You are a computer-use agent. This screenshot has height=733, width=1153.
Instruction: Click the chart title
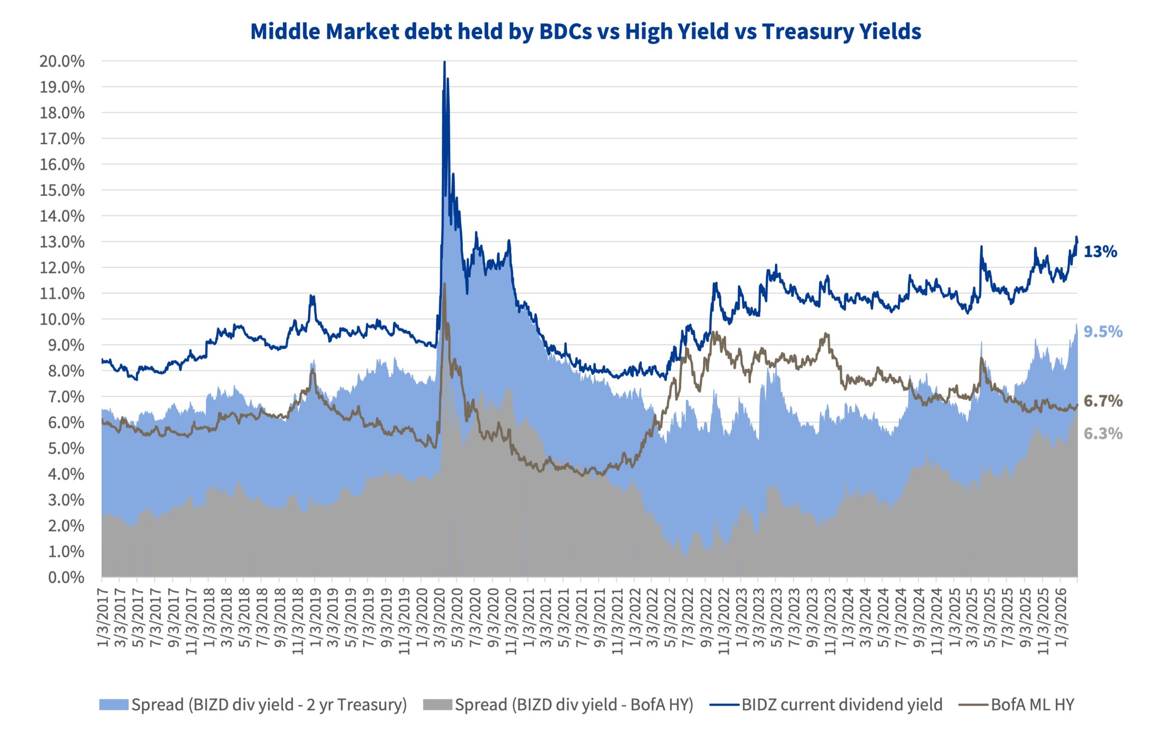point(586,32)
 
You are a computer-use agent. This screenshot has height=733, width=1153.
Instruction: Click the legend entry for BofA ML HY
point(1032,705)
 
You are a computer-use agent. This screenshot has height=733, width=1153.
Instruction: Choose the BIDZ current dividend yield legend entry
point(842,705)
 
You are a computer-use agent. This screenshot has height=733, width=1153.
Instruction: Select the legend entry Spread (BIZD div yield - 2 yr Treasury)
point(268,705)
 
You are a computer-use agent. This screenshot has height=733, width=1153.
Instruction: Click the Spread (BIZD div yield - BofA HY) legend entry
point(574,705)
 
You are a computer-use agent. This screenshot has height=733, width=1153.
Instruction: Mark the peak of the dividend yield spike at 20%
point(445,62)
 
